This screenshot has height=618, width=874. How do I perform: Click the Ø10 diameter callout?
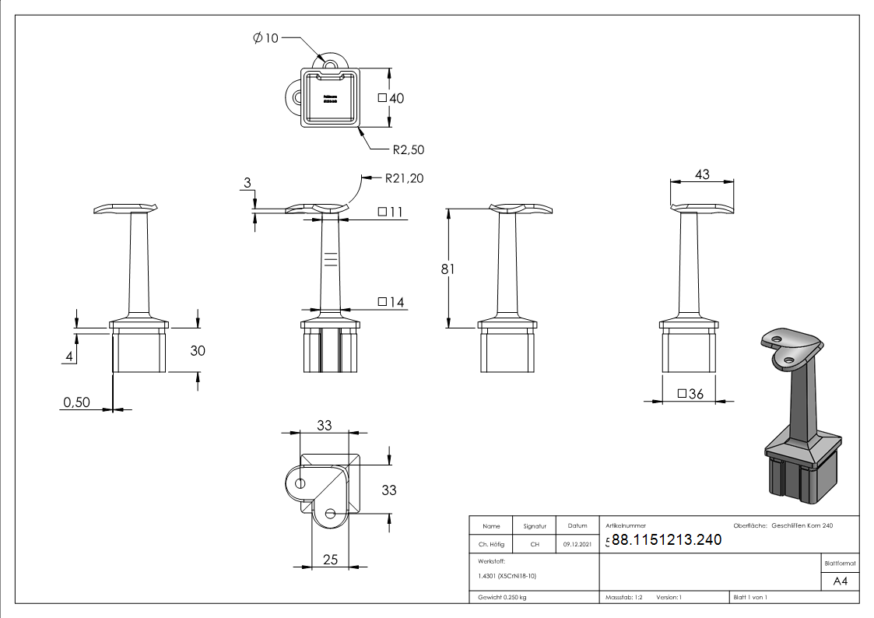[265, 38]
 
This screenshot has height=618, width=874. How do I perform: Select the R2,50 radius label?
[408, 149]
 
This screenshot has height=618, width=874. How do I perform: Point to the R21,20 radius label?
[404, 178]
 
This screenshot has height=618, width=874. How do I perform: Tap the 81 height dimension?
[448, 269]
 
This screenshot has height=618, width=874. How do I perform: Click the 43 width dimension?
[702, 175]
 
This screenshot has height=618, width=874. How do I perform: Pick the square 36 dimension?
[690, 395]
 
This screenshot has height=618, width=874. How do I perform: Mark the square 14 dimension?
[391, 302]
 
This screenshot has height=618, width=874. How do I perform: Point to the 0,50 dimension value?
[77, 402]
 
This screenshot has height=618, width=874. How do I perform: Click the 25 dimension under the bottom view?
[331, 559]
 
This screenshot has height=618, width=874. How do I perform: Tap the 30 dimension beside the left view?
[198, 351]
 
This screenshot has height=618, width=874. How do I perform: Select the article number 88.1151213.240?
[666, 540]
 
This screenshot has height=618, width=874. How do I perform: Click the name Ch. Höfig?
[491, 545]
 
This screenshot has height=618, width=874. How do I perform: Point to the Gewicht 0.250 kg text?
[502, 597]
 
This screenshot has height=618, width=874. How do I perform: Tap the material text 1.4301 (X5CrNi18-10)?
[507, 576]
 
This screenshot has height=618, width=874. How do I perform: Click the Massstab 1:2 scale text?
[623, 597]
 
